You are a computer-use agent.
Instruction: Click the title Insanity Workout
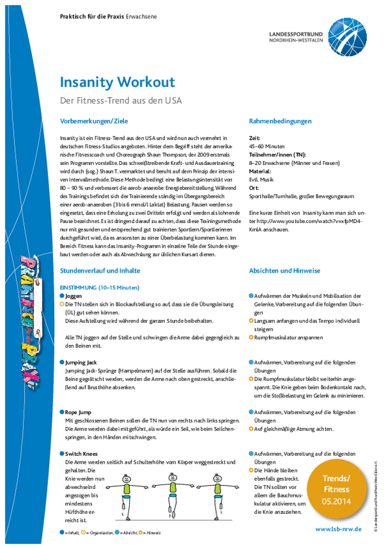117,82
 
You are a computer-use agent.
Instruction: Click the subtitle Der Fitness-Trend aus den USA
121,100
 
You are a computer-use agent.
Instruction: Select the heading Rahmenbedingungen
281,121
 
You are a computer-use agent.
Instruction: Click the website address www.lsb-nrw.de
339,529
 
